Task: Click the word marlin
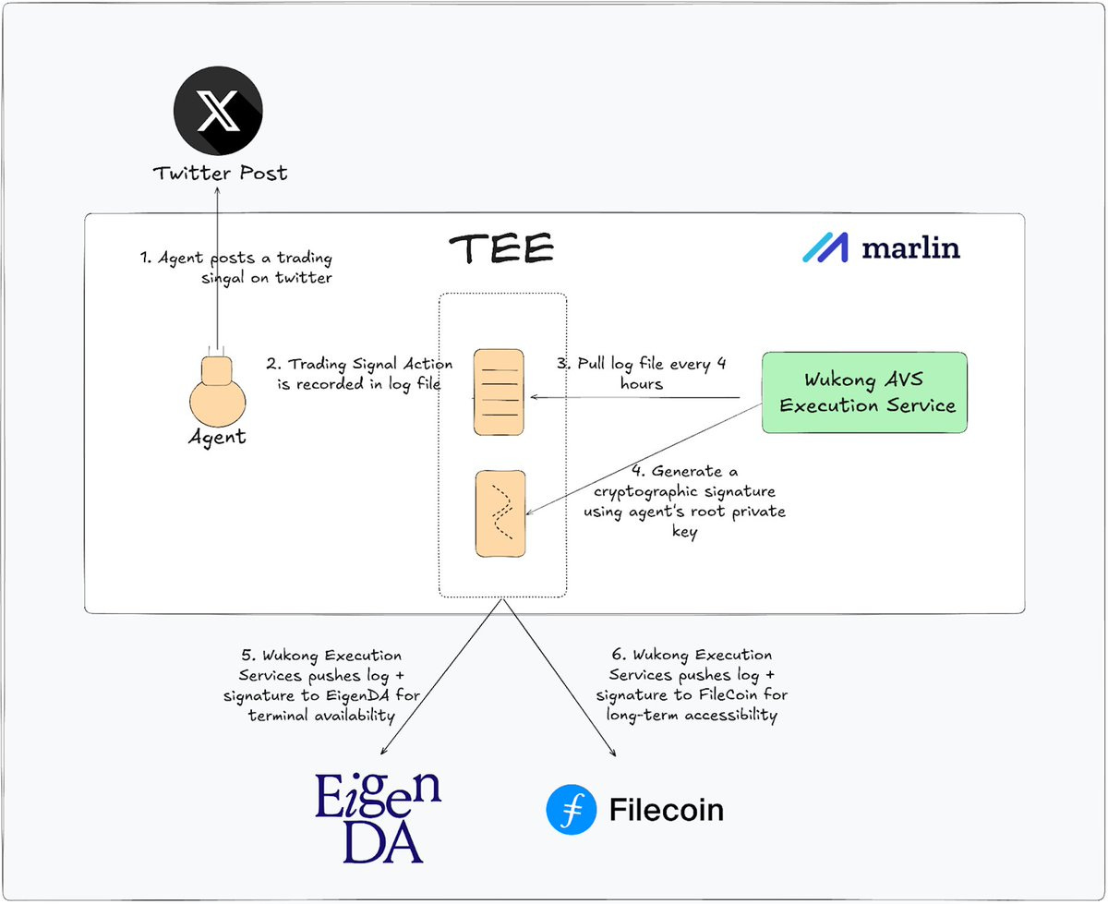(x=910, y=248)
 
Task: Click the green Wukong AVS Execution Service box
(x=864, y=392)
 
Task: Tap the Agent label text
(x=218, y=437)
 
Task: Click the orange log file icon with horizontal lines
(x=499, y=392)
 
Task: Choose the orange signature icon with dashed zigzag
(x=500, y=513)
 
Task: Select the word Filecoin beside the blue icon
(x=666, y=810)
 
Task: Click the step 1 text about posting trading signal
(x=236, y=267)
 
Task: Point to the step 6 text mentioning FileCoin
(x=691, y=685)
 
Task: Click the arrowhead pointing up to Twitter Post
(x=218, y=187)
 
